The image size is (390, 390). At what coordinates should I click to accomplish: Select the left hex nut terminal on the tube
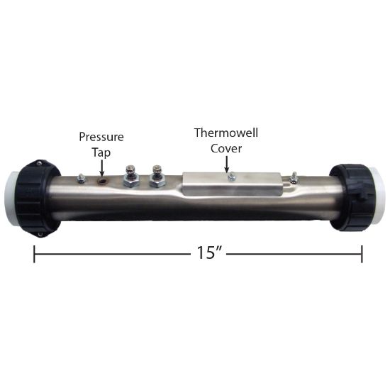[131, 178]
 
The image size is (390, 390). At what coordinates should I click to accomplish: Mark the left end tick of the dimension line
[34, 253]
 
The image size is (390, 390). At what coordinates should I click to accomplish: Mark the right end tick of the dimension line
[362, 253]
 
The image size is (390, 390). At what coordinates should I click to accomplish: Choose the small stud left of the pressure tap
[82, 179]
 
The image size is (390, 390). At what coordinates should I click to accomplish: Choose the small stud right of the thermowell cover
[294, 178]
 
